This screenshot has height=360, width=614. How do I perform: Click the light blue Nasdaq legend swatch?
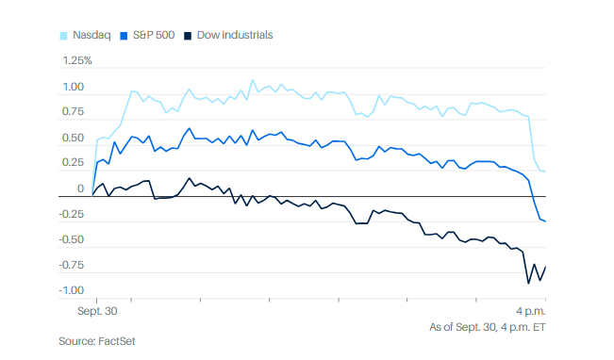point(63,36)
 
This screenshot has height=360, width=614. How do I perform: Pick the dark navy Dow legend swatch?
point(188,36)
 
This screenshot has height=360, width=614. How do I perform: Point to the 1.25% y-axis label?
point(77,60)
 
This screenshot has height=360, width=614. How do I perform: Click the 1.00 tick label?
point(74,87)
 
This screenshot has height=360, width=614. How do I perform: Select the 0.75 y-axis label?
point(74,111)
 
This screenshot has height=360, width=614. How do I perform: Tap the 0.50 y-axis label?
point(74,138)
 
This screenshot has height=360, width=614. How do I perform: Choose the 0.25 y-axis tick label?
point(74,162)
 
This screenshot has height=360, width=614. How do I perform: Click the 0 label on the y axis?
point(81,188)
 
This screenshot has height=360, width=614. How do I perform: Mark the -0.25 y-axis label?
point(72,214)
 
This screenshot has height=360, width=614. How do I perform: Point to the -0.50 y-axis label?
point(72,239)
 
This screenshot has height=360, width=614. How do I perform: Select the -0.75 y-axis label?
point(72,265)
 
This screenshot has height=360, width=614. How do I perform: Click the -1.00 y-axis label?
point(72,290)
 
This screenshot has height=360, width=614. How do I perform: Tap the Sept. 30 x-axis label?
point(97,311)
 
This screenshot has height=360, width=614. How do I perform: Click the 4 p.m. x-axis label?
point(531,311)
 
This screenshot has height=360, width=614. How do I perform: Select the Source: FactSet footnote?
point(97,341)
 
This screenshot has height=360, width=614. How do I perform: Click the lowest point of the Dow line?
point(528,284)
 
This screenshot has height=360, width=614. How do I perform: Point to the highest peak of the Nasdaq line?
point(252,80)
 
